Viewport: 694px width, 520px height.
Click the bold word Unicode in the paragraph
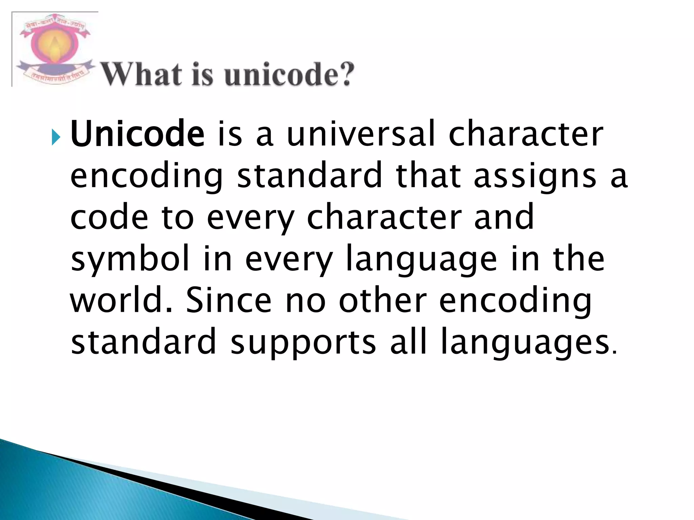[137, 134]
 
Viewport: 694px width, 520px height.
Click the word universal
[361, 134]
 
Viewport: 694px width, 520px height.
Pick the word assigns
[535, 176]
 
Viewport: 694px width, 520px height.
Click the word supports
[303, 343]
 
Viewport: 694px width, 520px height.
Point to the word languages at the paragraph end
[525, 343]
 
